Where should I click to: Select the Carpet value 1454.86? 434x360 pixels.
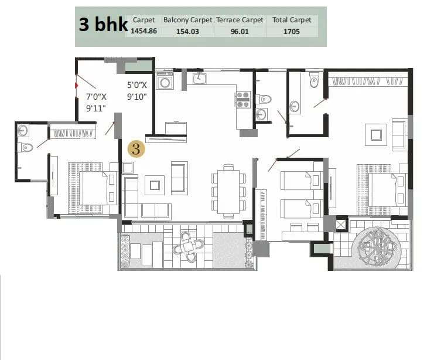(x=143, y=32)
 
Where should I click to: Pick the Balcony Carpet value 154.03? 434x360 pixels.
(x=187, y=32)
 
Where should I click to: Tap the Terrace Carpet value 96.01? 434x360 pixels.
(x=240, y=32)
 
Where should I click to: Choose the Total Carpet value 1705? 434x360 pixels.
(x=291, y=32)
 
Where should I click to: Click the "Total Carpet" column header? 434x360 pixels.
(x=291, y=20)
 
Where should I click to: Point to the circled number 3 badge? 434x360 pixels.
(x=136, y=148)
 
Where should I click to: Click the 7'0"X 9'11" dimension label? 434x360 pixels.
(x=97, y=102)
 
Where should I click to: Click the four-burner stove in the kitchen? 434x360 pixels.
(x=242, y=99)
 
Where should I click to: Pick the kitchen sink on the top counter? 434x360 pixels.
(x=200, y=77)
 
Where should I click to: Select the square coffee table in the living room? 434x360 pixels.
(x=155, y=185)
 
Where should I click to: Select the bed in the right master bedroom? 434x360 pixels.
(x=381, y=189)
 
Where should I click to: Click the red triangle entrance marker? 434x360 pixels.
(x=76, y=86)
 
